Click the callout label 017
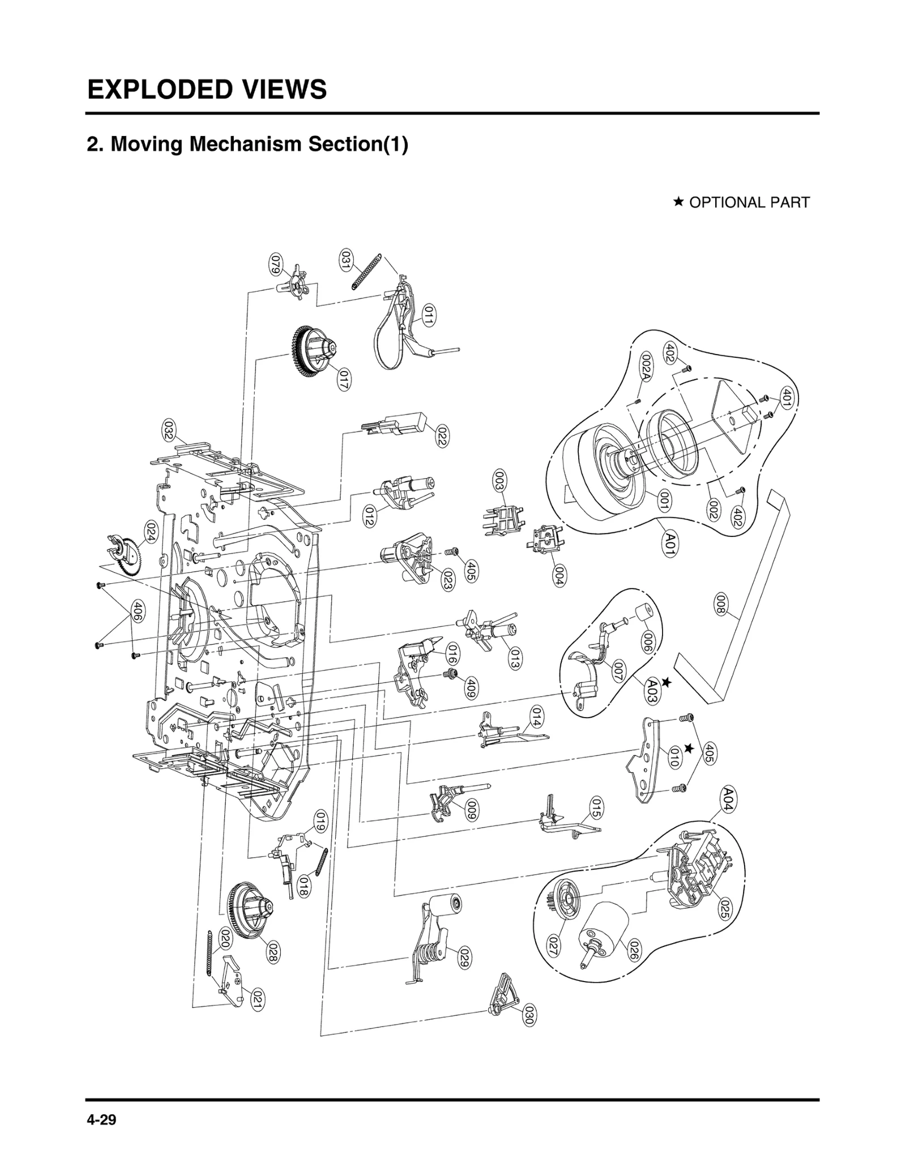343,379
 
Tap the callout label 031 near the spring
345,259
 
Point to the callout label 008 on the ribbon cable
720,604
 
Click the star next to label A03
666,683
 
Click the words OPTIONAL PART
749,202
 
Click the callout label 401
787,398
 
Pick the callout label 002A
646,366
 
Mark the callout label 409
470,688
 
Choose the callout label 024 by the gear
151,533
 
